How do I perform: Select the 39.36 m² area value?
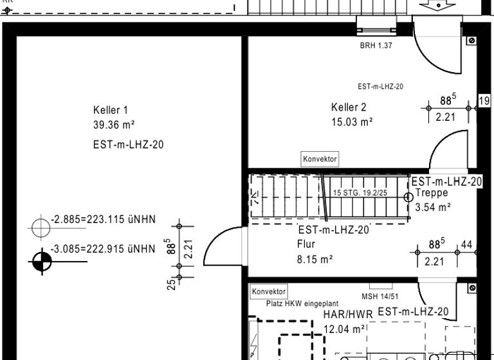[x=114, y=124]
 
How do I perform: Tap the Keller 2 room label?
[x=349, y=107]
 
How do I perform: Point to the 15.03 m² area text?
[x=352, y=121]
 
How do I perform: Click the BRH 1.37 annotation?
[x=376, y=46]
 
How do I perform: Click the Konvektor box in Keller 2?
[x=320, y=159]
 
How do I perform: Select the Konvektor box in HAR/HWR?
[x=268, y=291]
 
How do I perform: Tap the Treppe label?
[x=432, y=193]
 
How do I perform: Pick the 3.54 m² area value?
[x=433, y=207]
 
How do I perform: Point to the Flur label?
[x=306, y=244]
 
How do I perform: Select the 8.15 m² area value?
[x=315, y=260]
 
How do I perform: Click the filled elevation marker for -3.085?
[x=41, y=260]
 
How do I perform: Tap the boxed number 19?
[x=484, y=100]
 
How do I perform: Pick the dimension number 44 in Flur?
[x=466, y=245]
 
